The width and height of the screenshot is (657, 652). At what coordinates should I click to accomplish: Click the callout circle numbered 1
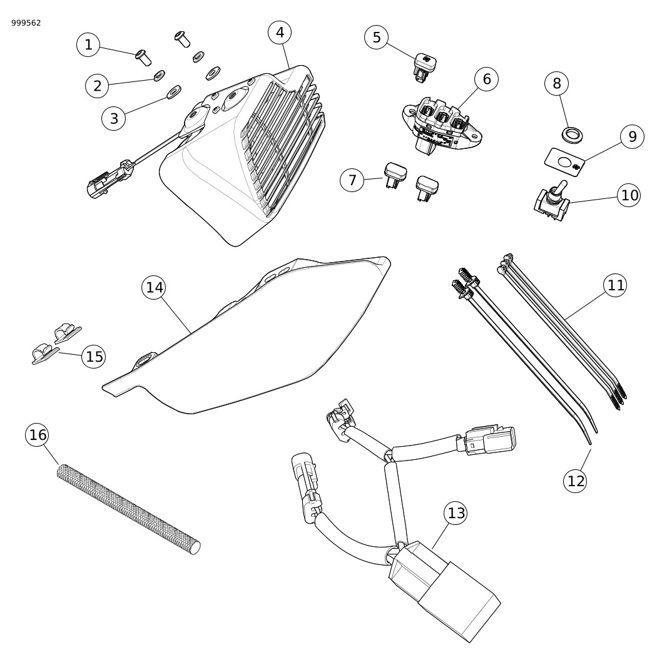88,44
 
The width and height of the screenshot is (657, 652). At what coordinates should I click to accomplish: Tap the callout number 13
457,513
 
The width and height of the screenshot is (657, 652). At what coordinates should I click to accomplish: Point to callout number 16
38,434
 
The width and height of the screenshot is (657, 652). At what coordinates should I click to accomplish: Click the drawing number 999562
26,23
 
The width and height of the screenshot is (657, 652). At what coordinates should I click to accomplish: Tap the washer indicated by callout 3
172,94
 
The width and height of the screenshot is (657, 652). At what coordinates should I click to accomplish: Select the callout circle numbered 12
576,481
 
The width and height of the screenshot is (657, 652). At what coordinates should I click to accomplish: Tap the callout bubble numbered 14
155,287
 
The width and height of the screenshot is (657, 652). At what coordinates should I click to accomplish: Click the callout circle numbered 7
352,180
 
